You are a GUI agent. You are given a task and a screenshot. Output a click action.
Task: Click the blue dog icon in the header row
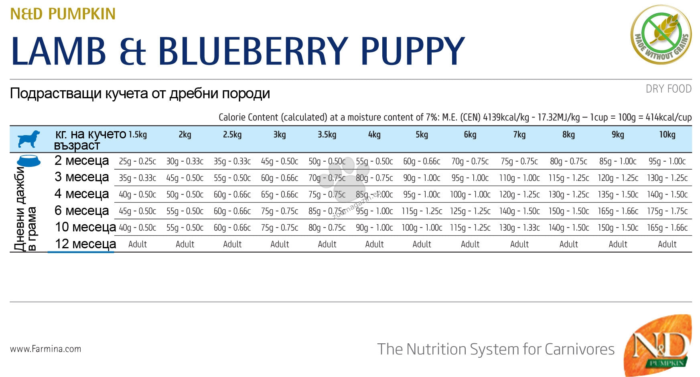(x=28, y=139)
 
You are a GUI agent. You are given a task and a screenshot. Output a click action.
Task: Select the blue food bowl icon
(x=28, y=161)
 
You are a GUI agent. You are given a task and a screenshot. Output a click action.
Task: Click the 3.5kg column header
(x=327, y=135)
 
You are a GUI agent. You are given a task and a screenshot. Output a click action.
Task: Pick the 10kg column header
(x=667, y=135)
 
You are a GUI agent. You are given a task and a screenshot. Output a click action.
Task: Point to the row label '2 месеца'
(x=82, y=160)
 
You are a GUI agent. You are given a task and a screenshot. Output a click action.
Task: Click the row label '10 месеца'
(x=85, y=227)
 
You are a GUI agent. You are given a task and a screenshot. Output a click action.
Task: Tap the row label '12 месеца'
(x=85, y=244)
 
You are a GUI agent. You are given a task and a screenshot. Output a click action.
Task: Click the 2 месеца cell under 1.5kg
(x=138, y=161)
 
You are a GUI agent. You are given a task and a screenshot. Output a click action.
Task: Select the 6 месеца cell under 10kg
(x=667, y=211)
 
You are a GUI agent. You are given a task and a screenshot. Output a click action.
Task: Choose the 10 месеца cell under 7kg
(x=519, y=228)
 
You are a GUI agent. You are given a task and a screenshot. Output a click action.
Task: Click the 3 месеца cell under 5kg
(x=422, y=178)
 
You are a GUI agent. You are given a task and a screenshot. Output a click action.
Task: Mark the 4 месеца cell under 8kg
(x=568, y=195)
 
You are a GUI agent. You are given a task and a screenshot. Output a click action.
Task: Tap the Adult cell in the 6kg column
(x=470, y=244)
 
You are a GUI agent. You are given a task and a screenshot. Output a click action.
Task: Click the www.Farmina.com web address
(x=45, y=349)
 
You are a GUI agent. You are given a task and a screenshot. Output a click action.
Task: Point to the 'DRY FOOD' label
(x=669, y=89)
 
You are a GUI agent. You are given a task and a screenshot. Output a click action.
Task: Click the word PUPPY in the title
(x=413, y=51)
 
